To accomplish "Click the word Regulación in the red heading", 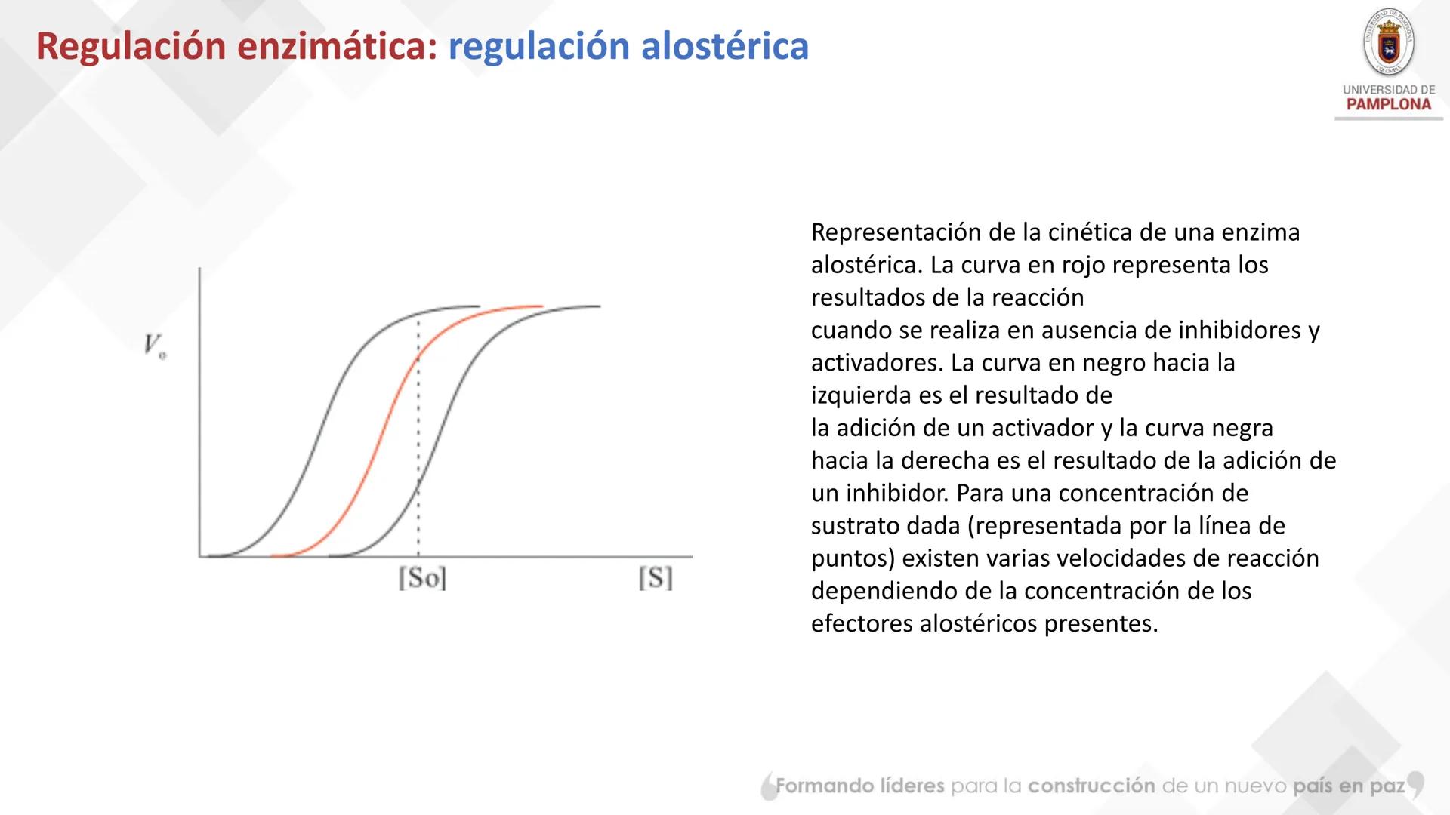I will [x=130, y=47].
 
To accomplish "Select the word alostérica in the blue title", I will [x=724, y=47].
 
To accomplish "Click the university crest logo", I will [x=1388, y=42].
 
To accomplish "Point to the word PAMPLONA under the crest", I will [x=1388, y=105].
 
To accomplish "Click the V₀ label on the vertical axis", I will [x=155, y=346].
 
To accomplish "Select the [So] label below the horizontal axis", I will [x=422, y=579].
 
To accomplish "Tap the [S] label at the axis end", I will [x=655, y=579].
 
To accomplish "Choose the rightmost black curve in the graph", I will [x=453, y=423].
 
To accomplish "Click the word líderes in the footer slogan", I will [x=912, y=786].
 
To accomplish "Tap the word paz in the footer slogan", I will [x=1387, y=786].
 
